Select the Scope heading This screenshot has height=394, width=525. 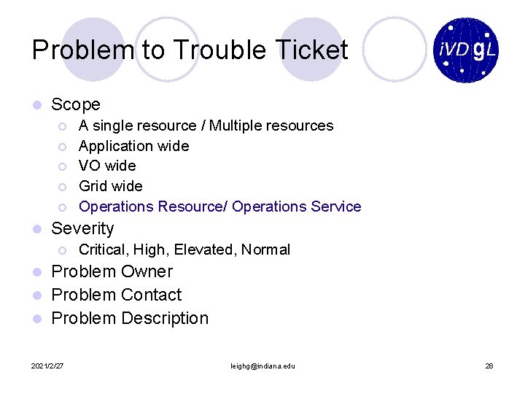[x=76, y=105]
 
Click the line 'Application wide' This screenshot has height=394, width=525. [x=133, y=146]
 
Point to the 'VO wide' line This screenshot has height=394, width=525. [x=107, y=166]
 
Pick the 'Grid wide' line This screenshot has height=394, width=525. [x=110, y=186]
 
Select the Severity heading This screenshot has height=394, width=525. [x=82, y=228]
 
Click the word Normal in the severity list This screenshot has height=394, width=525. [x=265, y=250]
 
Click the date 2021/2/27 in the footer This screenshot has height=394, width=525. [x=47, y=366]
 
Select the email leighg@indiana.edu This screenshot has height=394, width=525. [x=262, y=366]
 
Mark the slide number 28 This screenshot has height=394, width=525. [x=489, y=366]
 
